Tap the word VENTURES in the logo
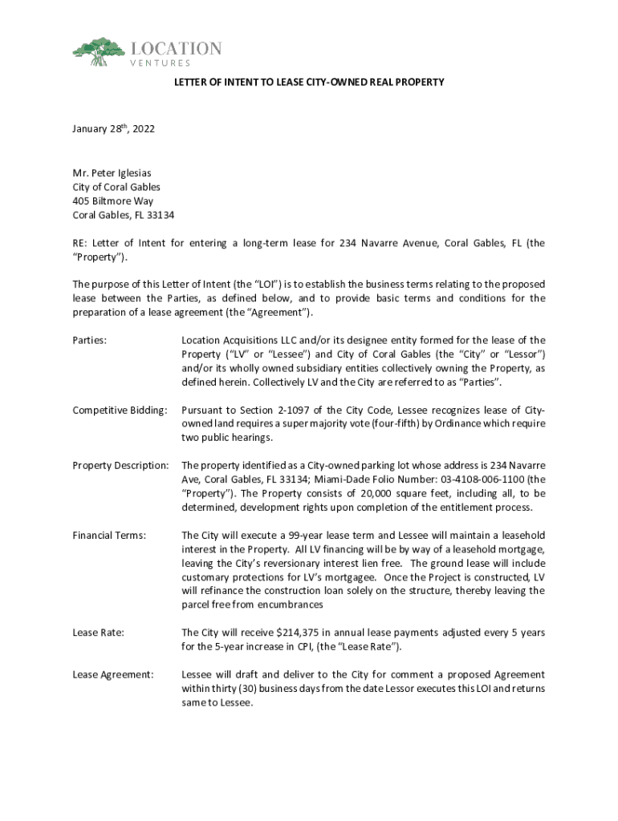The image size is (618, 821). (x=161, y=63)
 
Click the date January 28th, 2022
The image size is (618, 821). (x=110, y=128)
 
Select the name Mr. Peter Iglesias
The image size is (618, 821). (x=112, y=172)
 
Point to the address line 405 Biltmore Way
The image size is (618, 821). (x=113, y=201)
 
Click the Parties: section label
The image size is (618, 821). (x=90, y=340)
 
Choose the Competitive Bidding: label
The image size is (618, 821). (x=120, y=410)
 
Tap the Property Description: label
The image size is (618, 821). (x=120, y=465)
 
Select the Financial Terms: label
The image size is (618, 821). (x=109, y=535)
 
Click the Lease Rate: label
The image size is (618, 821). (x=98, y=633)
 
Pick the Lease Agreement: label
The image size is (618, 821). (x=113, y=674)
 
